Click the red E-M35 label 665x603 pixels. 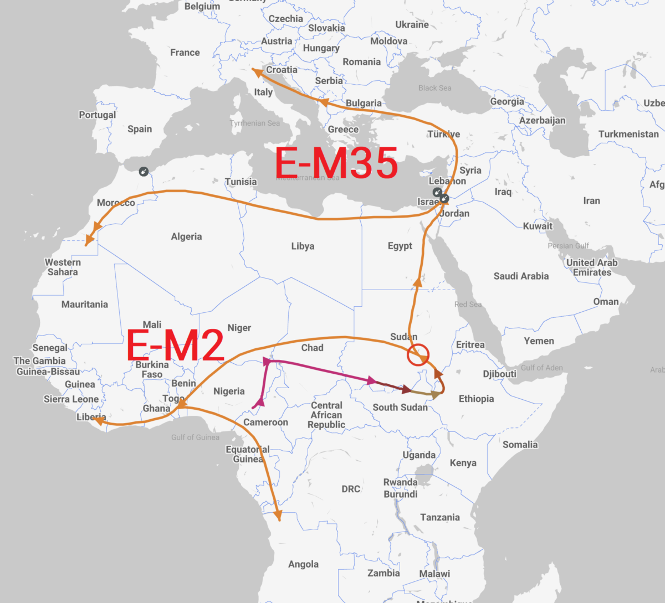[336, 163]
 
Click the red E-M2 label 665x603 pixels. [175, 345]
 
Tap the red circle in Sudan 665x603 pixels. [418, 354]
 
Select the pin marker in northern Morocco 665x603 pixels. [144, 172]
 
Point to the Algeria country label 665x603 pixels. [186, 236]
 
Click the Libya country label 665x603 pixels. [303, 246]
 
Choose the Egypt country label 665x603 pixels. [400, 246]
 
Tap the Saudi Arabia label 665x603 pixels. [521, 276]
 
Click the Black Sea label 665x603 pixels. [434, 88]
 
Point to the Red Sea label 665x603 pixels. [468, 304]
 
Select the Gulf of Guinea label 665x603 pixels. [195, 437]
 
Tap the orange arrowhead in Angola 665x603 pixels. [278, 517]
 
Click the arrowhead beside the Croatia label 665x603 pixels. [255, 71]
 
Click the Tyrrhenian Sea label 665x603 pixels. [255, 123]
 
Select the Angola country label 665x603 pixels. [303, 564]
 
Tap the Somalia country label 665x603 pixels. [520, 445]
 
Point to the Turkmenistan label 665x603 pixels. [628, 134]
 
